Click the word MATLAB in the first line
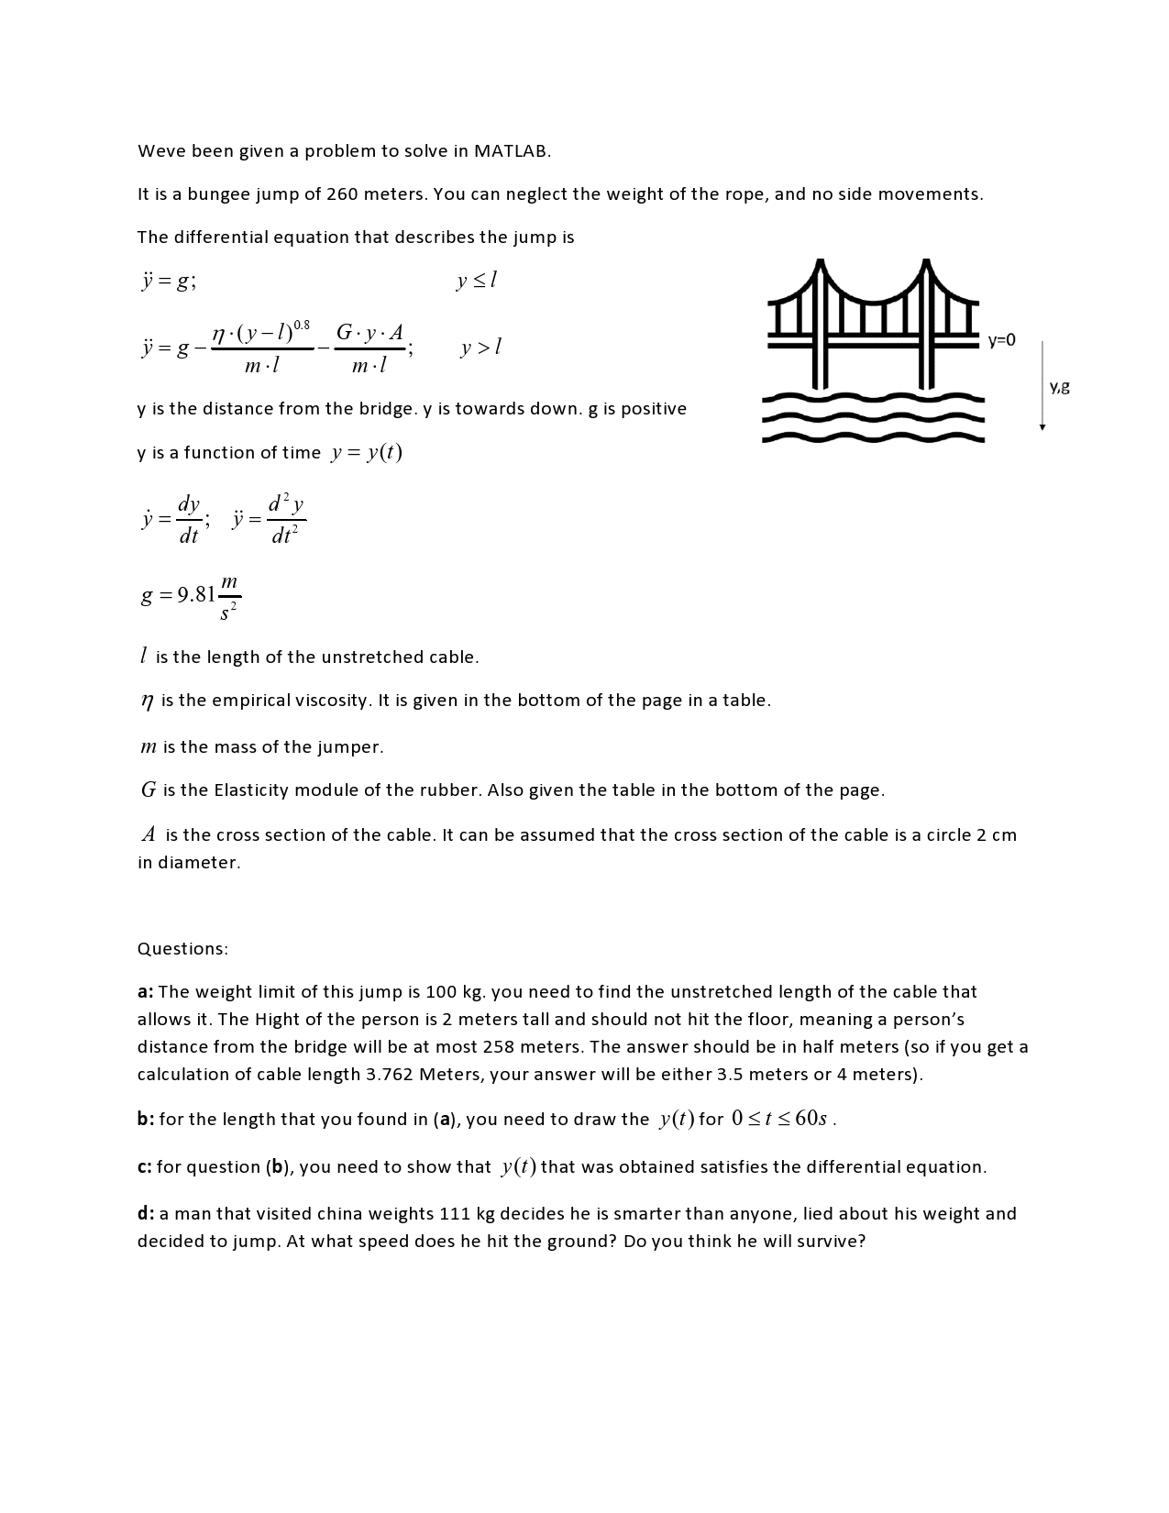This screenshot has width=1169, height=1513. pyautogui.click(x=512, y=151)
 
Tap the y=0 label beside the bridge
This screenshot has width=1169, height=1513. pyautogui.click(x=1001, y=340)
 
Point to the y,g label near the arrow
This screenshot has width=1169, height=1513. pyautogui.click(x=1059, y=386)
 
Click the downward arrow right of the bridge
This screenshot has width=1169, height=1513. pyautogui.click(x=1042, y=385)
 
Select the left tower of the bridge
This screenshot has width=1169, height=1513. pyautogui.click(x=820, y=321)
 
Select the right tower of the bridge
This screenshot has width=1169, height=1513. pyautogui.click(x=927, y=321)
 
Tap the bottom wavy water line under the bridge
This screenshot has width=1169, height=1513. pyautogui.click(x=873, y=437)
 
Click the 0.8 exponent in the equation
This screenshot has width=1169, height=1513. pyautogui.click(x=302, y=326)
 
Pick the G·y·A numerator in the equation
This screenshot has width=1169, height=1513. pyautogui.click(x=369, y=333)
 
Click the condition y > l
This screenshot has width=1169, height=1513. pyautogui.click(x=480, y=348)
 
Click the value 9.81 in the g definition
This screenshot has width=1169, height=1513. pyautogui.click(x=196, y=595)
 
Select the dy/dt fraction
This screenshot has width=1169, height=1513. pyautogui.click(x=189, y=520)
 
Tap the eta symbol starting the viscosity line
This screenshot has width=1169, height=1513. pyautogui.click(x=147, y=701)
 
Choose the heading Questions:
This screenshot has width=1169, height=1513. pyautogui.click(x=182, y=949)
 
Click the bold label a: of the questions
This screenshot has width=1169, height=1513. pyautogui.click(x=146, y=992)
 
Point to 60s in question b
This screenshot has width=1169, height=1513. pyautogui.click(x=811, y=1119)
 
